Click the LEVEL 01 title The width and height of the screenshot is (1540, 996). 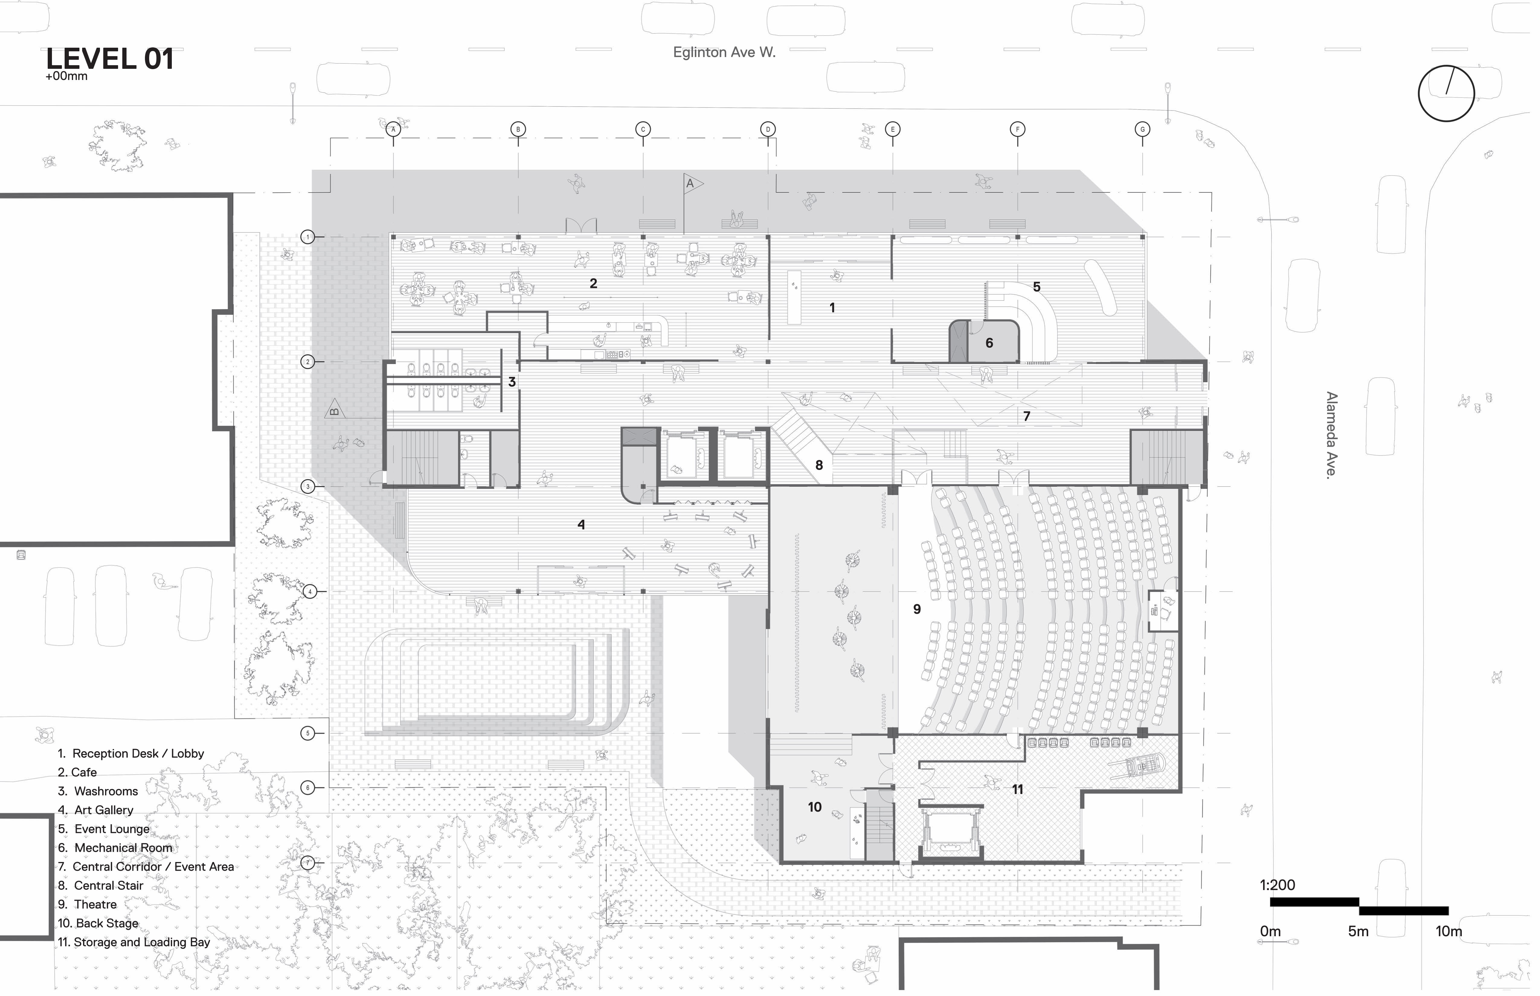coord(110,59)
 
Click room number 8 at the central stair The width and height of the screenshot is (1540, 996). coord(824,468)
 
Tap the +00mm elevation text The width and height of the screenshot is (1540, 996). coord(67,77)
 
